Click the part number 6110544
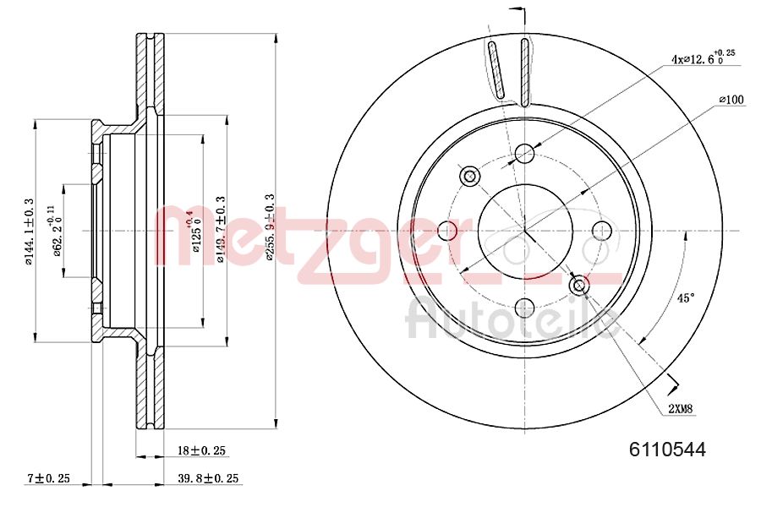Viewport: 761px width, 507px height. click(667, 450)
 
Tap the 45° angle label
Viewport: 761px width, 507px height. click(686, 298)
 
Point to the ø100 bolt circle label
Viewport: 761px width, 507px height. click(731, 100)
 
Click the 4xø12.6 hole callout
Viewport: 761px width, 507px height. click(702, 58)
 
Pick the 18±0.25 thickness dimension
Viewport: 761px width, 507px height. click(202, 451)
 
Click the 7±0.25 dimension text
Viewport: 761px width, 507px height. click(48, 478)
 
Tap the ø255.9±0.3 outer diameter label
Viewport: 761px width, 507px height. click(271, 228)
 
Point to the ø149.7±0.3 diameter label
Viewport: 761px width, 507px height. click(221, 230)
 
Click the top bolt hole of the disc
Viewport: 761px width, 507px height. click(524, 153)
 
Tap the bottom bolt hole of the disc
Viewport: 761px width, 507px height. click(524, 308)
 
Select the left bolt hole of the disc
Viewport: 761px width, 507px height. click(447, 230)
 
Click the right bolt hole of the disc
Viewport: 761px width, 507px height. click(601, 230)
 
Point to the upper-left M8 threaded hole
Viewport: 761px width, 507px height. click(469, 175)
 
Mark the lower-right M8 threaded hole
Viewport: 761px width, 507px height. click(579, 286)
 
